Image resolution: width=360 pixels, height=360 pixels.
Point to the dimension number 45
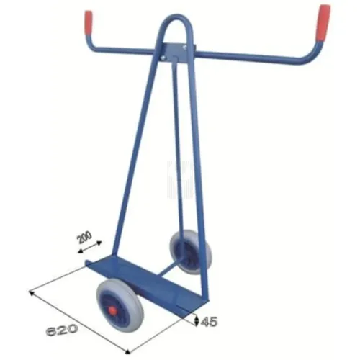210,319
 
